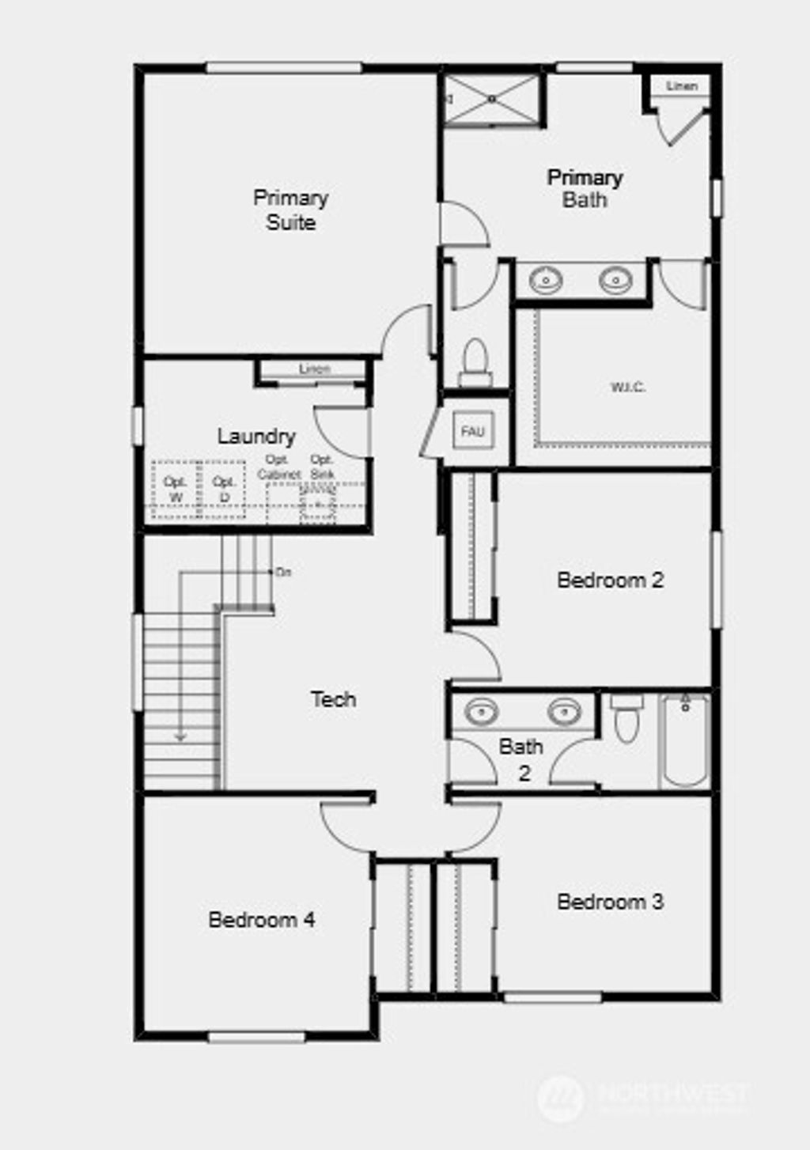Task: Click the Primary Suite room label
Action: click(290, 210)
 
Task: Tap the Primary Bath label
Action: click(585, 188)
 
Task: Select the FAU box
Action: click(473, 432)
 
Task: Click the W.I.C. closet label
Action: click(627, 388)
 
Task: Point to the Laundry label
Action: click(256, 436)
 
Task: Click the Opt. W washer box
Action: click(175, 490)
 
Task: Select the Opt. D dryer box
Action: click(224, 490)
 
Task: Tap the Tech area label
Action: click(333, 699)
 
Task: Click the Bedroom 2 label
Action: click(610, 580)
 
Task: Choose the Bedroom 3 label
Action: click(610, 902)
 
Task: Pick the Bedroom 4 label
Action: click(262, 920)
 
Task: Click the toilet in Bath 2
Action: click(626, 720)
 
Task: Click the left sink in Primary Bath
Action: click(546, 280)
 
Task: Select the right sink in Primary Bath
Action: click(615, 280)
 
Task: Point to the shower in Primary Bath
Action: click(492, 99)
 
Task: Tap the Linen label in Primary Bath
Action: click(682, 85)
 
